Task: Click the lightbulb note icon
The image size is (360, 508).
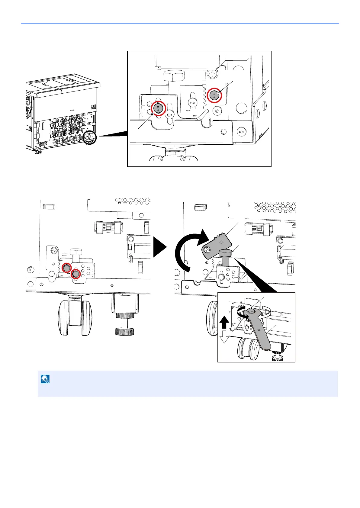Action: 45,379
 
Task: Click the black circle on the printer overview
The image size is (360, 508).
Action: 90,138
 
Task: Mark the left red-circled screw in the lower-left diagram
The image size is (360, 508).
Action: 66,268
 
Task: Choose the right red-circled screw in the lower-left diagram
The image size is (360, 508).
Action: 76,274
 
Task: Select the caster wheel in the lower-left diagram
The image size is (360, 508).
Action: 75,317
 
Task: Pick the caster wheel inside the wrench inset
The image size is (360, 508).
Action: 248,349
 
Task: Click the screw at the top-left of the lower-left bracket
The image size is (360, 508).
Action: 54,250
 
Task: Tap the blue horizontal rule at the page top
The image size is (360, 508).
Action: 180,23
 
